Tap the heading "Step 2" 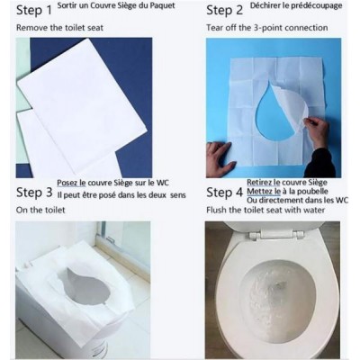[x=224, y=12]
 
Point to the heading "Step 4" [x=224, y=192]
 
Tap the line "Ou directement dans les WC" [x=300, y=200]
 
